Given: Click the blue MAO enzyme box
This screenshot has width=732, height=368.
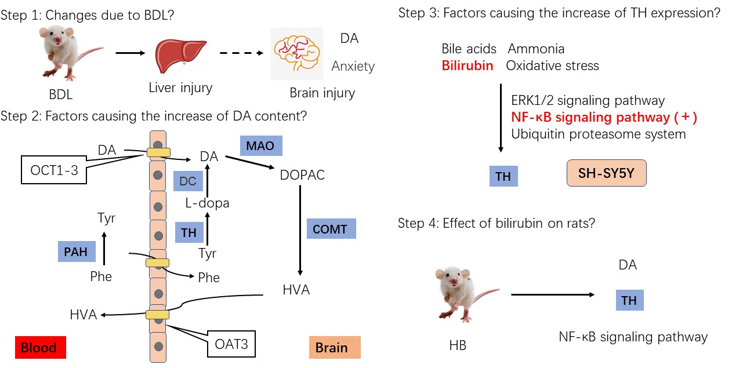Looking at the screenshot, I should (261, 146).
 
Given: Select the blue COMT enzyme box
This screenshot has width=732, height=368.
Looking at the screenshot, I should (331, 229).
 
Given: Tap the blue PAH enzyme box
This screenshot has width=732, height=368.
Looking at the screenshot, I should (77, 251).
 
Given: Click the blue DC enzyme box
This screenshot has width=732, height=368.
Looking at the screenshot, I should (187, 181).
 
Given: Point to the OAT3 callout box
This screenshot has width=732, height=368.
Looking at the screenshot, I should (231, 344).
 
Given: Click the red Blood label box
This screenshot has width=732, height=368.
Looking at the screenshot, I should (40, 348).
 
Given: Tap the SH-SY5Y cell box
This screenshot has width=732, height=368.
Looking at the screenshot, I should (606, 174).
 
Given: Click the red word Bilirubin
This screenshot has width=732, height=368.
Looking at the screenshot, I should (468, 65).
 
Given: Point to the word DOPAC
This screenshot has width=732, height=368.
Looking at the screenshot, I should (303, 174).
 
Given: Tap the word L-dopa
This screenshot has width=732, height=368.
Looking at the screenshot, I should (207, 203).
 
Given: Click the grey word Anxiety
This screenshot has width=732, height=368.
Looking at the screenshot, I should (353, 67).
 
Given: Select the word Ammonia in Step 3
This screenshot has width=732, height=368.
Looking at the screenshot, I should (536, 49).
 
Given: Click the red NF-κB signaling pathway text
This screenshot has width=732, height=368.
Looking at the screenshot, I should (604, 118).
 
